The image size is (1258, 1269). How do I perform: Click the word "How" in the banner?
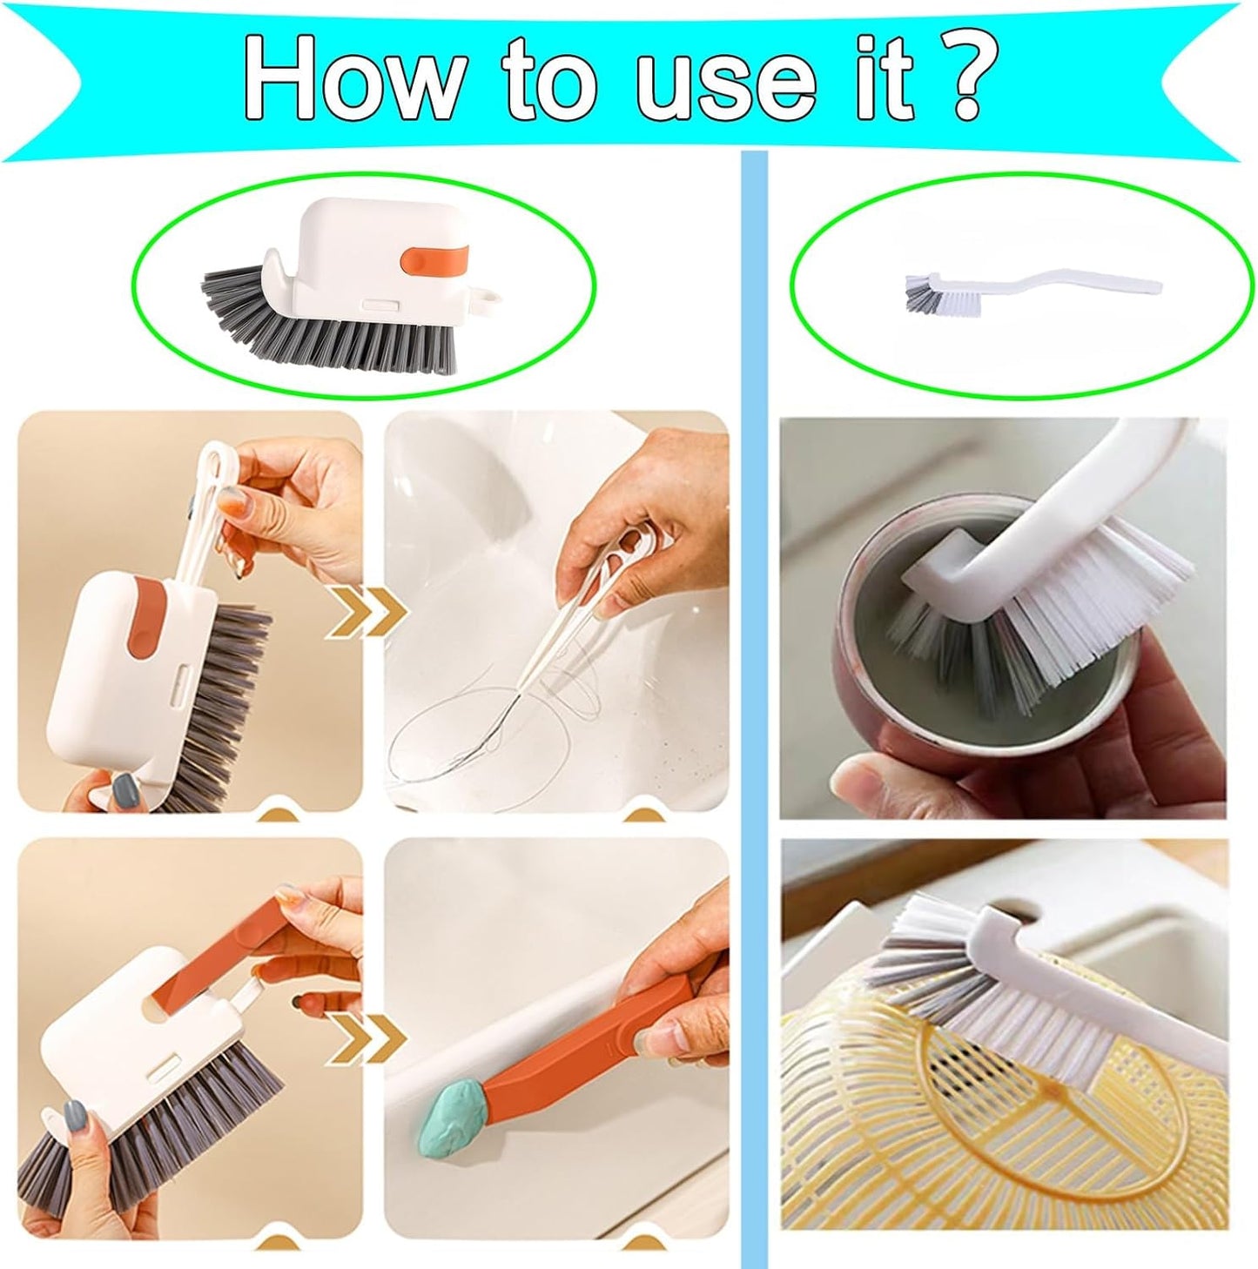pos(353,79)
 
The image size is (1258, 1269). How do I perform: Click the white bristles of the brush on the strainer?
pos(1027,1018)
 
